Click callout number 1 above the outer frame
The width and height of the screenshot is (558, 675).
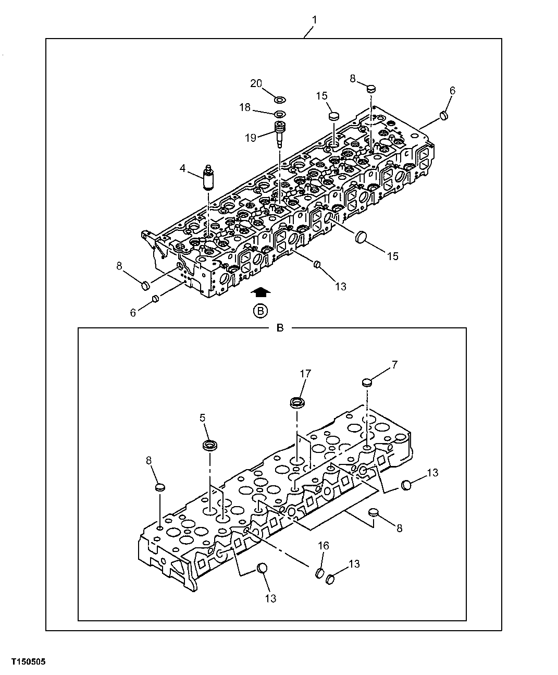(x=314, y=20)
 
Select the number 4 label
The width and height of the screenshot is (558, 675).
(x=183, y=168)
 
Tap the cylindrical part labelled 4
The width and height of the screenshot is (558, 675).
(x=208, y=179)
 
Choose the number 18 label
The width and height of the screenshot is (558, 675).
(x=245, y=107)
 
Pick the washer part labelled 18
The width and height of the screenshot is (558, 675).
(x=280, y=114)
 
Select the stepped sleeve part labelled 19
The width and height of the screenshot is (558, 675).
(x=281, y=131)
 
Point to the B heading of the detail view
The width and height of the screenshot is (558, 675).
(x=280, y=328)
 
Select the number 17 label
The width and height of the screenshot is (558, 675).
(x=305, y=374)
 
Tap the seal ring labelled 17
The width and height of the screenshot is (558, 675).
(x=296, y=402)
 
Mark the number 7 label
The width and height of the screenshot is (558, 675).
(x=394, y=365)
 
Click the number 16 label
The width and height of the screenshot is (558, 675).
(x=324, y=546)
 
